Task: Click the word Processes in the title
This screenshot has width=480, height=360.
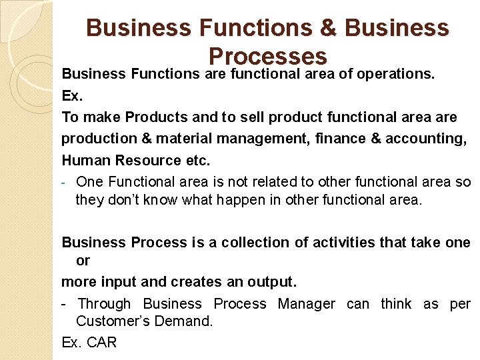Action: click(267, 55)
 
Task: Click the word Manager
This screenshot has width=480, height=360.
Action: click(307, 304)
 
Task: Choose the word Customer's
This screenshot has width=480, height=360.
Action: click(110, 321)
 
